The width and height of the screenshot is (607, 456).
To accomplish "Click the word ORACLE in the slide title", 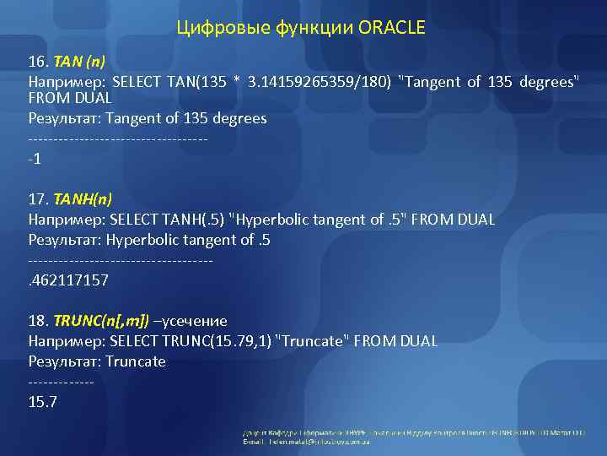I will pos(392,29).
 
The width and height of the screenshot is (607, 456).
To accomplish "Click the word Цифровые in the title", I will pos(220,29).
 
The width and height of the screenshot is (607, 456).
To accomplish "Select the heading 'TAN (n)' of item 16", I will pos(79,62).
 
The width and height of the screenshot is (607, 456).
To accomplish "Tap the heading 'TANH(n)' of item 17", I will pos(82,200).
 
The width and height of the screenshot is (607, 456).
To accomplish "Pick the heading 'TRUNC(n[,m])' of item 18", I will pos(101,322).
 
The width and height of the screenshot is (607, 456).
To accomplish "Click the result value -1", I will pos(35,159).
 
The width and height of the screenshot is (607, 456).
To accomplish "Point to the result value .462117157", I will pos(68,280).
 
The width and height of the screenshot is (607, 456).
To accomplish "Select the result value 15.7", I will pos(42,402).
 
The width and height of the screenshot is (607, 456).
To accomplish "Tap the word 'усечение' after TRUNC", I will pos(196,322).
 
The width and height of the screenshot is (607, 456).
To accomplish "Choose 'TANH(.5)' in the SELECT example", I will pos(196,220).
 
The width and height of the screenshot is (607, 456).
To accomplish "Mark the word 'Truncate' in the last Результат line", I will pos(136,361).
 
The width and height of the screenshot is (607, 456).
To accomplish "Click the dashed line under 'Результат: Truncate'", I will pos(61,383).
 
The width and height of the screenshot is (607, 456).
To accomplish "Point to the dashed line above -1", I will pos(118,138).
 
